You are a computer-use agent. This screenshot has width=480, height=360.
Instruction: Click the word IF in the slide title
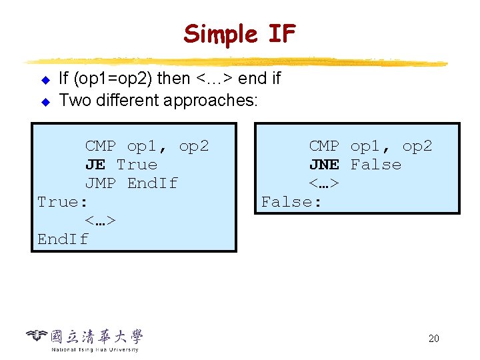point(280,33)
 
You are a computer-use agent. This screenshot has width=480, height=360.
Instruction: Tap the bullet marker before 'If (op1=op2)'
point(45,81)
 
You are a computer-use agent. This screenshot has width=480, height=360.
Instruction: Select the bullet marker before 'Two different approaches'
point(45,103)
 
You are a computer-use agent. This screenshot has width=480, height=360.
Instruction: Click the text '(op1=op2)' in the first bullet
point(116,79)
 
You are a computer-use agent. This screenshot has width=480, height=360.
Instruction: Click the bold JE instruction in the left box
point(95,165)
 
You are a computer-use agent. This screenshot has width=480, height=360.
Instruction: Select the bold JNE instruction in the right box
point(324,165)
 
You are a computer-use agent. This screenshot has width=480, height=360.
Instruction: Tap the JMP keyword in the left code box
point(100,183)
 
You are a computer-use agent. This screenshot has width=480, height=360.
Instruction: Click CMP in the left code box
point(100,146)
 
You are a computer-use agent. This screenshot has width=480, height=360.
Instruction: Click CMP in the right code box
point(324,146)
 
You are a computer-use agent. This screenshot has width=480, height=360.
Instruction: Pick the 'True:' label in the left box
point(63,202)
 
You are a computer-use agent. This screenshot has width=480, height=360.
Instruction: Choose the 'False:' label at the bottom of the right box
point(291,202)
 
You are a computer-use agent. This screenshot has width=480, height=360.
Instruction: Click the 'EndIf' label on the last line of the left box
point(63,239)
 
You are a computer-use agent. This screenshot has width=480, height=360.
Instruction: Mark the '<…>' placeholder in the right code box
point(324,183)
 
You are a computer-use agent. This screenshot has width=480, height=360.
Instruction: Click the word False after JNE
point(376,165)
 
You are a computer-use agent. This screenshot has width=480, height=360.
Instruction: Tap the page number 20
point(433,339)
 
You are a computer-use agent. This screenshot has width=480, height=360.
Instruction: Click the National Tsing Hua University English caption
point(95,349)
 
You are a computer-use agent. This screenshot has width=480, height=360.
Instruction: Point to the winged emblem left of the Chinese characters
point(37,335)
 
